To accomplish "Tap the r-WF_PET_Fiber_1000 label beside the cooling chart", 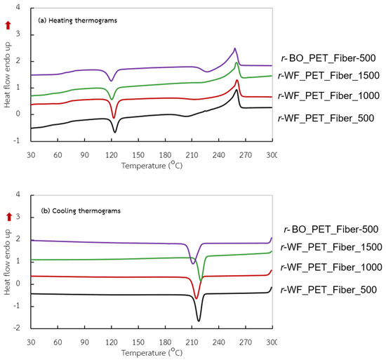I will pos(328,268).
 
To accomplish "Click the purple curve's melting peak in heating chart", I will pos(235,48).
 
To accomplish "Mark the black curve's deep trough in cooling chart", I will pos(199,321).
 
